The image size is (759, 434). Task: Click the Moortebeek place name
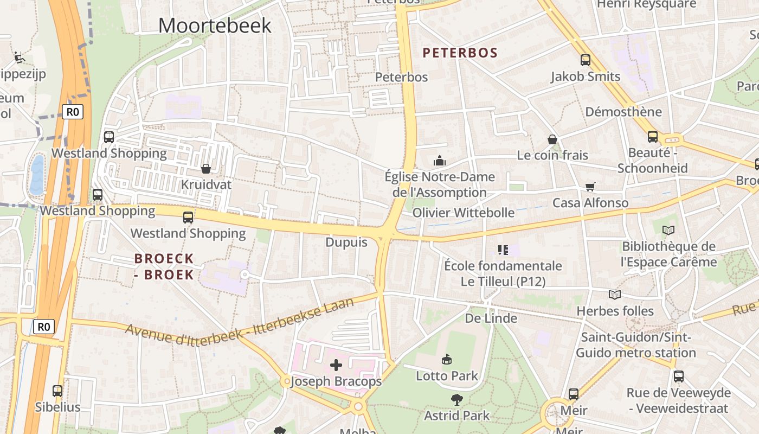click(x=215, y=25)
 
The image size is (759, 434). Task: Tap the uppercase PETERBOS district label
click(x=460, y=53)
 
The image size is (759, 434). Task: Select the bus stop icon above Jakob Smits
click(x=586, y=60)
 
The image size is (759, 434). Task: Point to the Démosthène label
click(x=623, y=112)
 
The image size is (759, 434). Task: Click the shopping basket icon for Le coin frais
click(x=552, y=139)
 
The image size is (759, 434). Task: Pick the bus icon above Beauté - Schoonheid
click(x=653, y=137)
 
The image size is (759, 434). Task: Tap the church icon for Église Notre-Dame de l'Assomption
click(x=439, y=161)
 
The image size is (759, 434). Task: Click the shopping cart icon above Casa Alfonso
click(x=590, y=187)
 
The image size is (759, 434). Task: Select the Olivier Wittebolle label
click(x=464, y=212)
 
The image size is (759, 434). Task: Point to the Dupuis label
click(x=346, y=242)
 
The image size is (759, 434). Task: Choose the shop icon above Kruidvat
click(x=206, y=169)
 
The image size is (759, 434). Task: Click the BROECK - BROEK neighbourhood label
click(x=164, y=266)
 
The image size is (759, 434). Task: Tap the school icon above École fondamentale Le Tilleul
click(x=503, y=250)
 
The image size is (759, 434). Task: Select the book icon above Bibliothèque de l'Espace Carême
click(x=668, y=230)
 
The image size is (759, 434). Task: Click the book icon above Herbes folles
click(x=615, y=295)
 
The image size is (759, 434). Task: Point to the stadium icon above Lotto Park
click(x=447, y=359)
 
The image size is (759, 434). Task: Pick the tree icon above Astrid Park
click(x=457, y=399)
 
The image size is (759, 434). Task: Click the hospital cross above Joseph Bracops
click(x=336, y=365)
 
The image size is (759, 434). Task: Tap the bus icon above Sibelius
click(x=57, y=391)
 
